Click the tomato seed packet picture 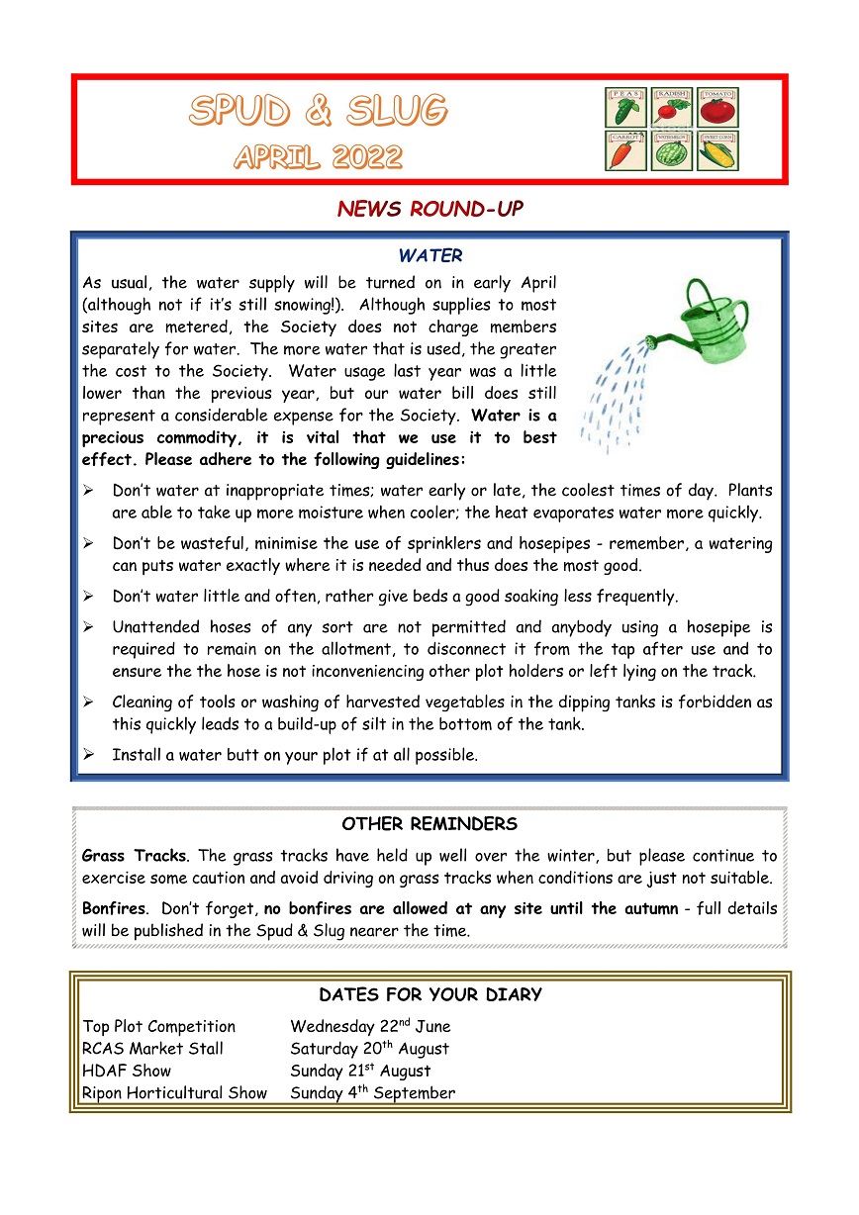[x=717, y=108]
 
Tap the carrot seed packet [x=625, y=151]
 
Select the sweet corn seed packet [x=717, y=151]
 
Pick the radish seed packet [x=672, y=108]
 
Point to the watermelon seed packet [x=672, y=151]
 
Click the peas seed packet [x=625, y=108]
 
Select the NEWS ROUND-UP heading [x=429, y=209]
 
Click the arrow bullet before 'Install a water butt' [x=88, y=755]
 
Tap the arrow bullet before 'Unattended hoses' [x=88, y=627]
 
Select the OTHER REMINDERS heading [x=429, y=824]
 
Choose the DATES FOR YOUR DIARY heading [x=430, y=995]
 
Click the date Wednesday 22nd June [x=370, y=1027]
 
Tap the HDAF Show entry [x=127, y=1071]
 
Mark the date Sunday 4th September [x=373, y=1093]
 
